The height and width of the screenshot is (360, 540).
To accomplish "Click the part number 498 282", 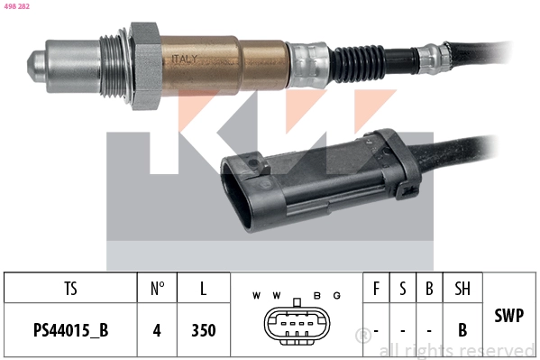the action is click(17, 6).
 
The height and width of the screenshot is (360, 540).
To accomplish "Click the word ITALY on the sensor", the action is click(185, 59).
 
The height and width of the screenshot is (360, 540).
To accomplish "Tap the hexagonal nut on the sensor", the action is click(145, 66).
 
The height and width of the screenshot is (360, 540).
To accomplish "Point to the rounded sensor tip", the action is click(36, 67).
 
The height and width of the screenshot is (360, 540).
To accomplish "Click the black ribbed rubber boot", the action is click(358, 64).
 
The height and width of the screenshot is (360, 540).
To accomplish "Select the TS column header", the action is click(70, 289).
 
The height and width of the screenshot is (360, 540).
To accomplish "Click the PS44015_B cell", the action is click(70, 330).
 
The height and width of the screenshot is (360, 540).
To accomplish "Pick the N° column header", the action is click(158, 289).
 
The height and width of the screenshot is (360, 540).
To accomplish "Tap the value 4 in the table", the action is click(157, 330).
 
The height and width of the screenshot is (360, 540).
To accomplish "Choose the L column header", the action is click(204, 289).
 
